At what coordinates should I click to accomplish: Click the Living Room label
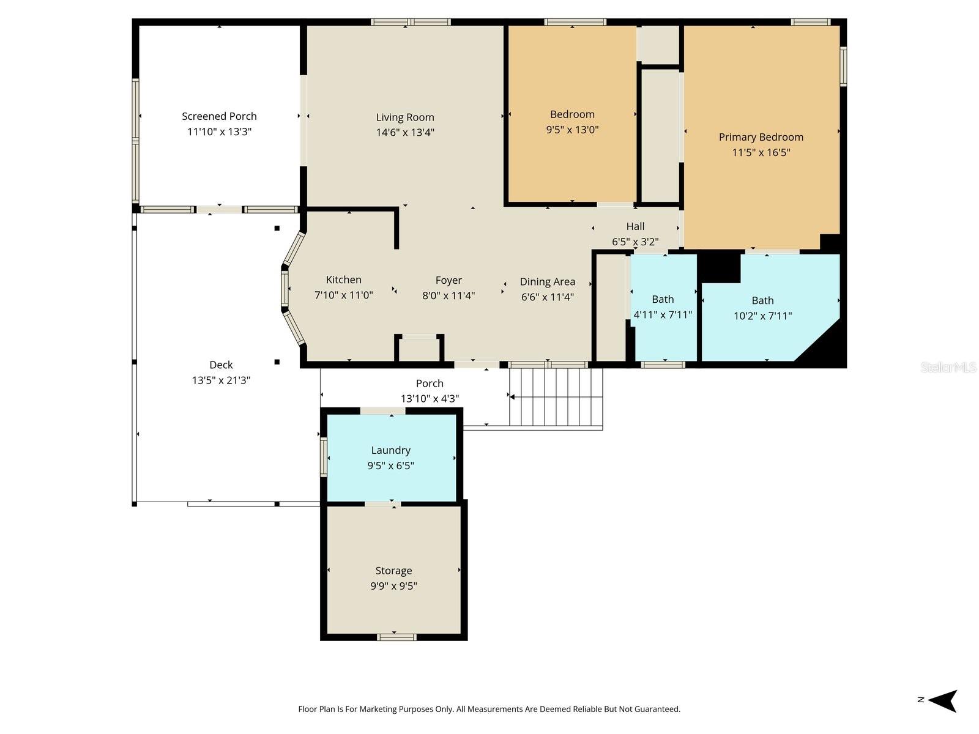tap(405, 117)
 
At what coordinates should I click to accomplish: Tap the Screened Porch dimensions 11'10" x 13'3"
tap(219, 132)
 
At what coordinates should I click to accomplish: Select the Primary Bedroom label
tap(761, 137)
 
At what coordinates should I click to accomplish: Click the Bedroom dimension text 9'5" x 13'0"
tap(572, 130)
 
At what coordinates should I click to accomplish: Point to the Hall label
tap(635, 226)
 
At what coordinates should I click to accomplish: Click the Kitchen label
tap(343, 280)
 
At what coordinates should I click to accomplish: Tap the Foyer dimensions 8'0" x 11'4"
tap(449, 295)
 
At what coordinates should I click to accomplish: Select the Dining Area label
tap(547, 281)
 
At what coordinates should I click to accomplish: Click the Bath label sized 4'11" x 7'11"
tap(663, 299)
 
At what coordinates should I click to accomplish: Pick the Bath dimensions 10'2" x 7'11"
tap(762, 316)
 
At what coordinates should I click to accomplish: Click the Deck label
tap(221, 365)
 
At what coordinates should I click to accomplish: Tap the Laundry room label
tap(390, 450)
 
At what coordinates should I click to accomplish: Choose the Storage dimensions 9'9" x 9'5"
tap(393, 586)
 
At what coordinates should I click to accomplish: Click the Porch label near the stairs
tap(430, 384)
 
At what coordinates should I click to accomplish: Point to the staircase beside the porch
tap(556, 397)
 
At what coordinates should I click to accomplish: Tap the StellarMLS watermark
tap(948, 367)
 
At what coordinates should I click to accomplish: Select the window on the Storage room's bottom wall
tap(396, 637)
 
